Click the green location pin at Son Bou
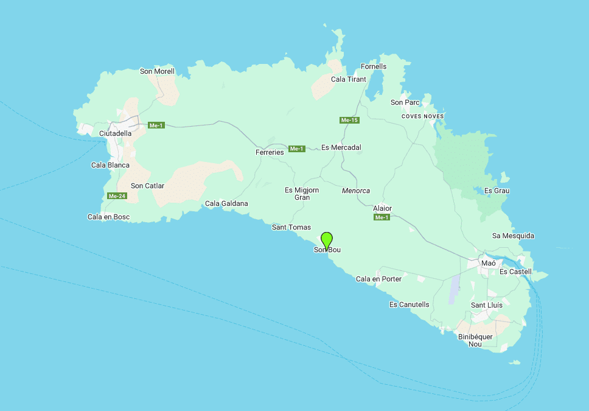327,240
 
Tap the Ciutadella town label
115,133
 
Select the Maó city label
488,263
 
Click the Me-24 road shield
116,196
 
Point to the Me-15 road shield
349,121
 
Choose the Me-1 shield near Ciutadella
156,125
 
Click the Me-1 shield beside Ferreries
296,149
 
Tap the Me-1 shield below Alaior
382,217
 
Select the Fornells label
373,66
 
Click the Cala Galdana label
226,203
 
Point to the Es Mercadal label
341,147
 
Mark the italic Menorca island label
356,191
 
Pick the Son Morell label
157,71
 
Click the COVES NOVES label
423,116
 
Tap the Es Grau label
497,191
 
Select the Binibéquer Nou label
475,340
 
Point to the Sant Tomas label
291,227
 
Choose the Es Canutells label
409,304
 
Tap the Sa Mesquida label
513,236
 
